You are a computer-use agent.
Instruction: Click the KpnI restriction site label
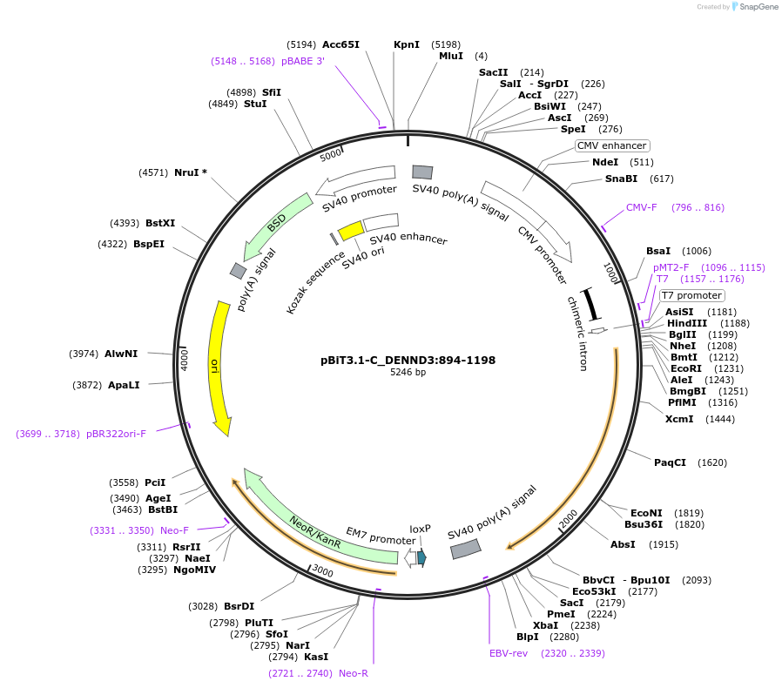tap(406, 44)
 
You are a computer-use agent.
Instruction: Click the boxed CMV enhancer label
tap(612, 145)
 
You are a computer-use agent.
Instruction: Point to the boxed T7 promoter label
tap(691, 295)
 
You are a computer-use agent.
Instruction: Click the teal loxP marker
tap(421, 557)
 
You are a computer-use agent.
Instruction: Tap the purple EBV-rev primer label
tap(509, 652)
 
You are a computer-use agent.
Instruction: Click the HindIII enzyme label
tap(687, 323)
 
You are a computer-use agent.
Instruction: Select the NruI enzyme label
tap(191, 172)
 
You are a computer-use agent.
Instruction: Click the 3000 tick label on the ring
tap(323, 571)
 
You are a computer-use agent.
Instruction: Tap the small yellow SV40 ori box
tap(351, 230)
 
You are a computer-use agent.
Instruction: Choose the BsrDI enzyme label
tap(239, 606)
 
